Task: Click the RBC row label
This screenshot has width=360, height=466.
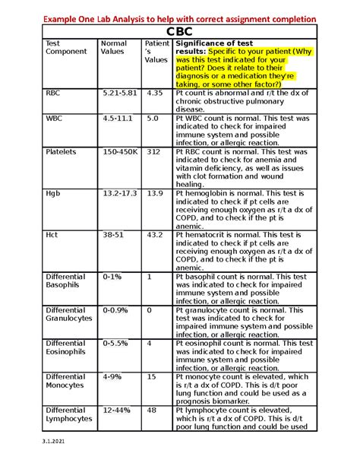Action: pyautogui.click(x=53, y=93)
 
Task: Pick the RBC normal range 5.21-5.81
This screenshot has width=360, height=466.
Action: pyautogui.click(x=120, y=93)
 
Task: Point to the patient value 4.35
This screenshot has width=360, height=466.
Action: pyautogui.click(x=155, y=93)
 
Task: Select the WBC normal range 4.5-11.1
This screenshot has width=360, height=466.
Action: pyautogui.click(x=118, y=119)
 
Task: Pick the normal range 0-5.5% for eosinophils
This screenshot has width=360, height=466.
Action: pyautogui.click(x=115, y=344)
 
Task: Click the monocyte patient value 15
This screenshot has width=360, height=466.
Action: pyautogui.click(x=151, y=376)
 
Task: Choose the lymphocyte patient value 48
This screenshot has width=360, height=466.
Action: pyautogui.click(x=151, y=410)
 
